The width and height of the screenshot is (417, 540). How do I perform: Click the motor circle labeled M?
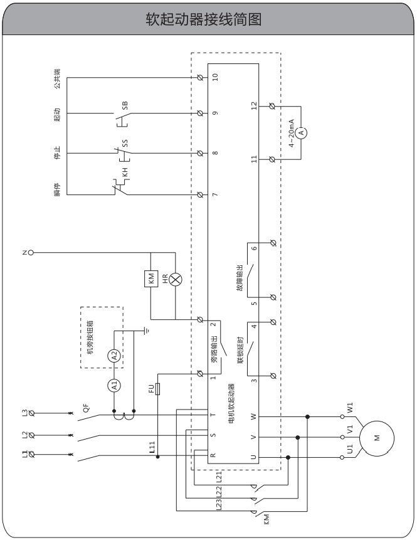376,438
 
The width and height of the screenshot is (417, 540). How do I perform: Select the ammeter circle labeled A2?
114,356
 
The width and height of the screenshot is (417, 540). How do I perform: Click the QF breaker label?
87,406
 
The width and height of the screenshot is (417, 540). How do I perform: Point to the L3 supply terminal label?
24,412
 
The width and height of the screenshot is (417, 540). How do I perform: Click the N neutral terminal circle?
29,253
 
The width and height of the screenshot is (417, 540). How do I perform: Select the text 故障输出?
239,275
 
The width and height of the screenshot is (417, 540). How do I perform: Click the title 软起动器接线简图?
208,20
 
